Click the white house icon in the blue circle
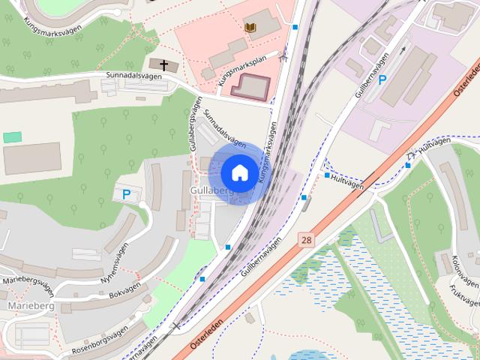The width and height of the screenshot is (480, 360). [238, 172]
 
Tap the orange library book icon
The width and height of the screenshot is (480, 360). [250, 28]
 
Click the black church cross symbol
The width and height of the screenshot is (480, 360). [163, 65]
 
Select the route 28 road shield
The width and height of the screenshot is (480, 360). [306, 240]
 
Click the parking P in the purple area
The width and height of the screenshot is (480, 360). [382, 80]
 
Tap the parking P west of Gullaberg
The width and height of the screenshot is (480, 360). [126, 195]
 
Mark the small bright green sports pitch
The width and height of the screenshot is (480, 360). [12, 137]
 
